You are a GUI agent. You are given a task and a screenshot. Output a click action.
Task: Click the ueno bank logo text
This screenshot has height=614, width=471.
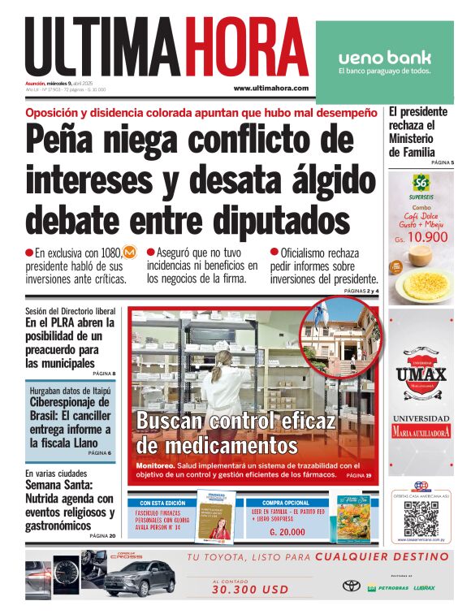384,58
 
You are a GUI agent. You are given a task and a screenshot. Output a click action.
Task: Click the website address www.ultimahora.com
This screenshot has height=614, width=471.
270,88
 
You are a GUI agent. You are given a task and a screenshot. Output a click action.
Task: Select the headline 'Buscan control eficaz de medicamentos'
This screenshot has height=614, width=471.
235,433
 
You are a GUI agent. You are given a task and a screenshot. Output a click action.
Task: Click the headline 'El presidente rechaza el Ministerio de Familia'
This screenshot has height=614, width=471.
416,132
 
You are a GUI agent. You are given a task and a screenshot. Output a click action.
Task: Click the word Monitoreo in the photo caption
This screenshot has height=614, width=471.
155,465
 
